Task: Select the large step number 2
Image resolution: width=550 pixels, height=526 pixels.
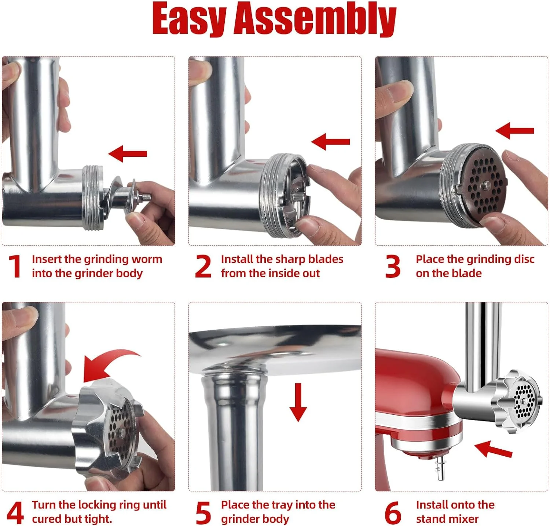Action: (203, 266)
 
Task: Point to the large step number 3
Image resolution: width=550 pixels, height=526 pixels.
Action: (393, 266)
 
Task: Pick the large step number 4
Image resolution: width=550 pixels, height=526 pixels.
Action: (15, 512)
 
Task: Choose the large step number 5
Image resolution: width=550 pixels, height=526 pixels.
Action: (203, 512)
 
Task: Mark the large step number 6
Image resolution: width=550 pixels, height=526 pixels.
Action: (393, 512)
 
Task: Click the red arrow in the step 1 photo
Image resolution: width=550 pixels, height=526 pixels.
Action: (128, 153)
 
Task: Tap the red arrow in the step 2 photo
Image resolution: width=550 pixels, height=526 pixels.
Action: (331, 141)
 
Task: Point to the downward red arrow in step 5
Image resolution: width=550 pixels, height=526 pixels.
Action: (298, 402)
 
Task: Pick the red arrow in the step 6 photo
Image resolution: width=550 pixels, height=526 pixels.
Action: (493, 450)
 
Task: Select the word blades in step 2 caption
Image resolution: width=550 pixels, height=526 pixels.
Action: (326, 259)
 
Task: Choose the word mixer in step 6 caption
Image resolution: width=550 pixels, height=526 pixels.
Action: (463, 519)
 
